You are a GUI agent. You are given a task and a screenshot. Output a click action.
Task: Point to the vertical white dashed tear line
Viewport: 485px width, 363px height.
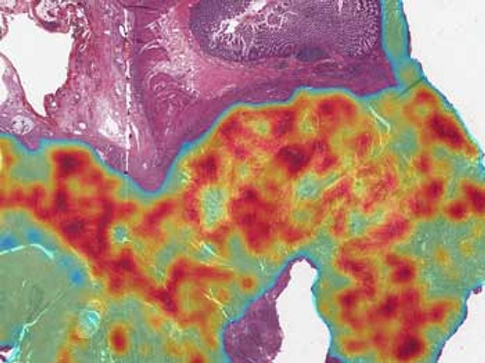pyautogui.click(x=127, y=88)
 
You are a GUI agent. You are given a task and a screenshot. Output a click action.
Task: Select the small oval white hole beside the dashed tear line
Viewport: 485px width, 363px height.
pyautogui.click(x=121, y=29)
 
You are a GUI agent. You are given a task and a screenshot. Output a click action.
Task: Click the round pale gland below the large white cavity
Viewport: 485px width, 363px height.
pyautogui.click(x=22, y=124)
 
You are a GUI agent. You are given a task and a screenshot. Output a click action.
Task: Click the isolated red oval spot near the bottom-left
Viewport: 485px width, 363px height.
pyautogui.click(x=119, y=337)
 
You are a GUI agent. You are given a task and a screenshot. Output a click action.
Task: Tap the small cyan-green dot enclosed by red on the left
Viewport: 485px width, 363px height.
pyautogui.click(x=121, y=234)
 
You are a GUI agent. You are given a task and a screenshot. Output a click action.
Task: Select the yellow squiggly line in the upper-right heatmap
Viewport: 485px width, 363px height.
pyautogui.click(x=381, y=120)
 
